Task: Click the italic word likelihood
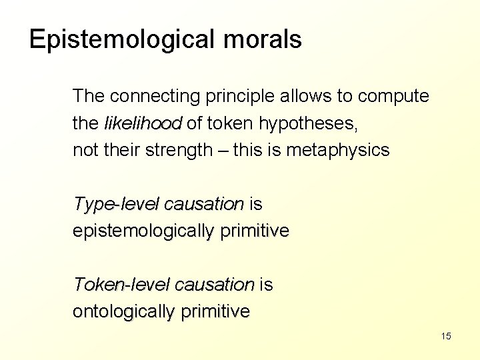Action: point(143,123)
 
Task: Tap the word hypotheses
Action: point(306,124)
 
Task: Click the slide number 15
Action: point(446,336)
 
